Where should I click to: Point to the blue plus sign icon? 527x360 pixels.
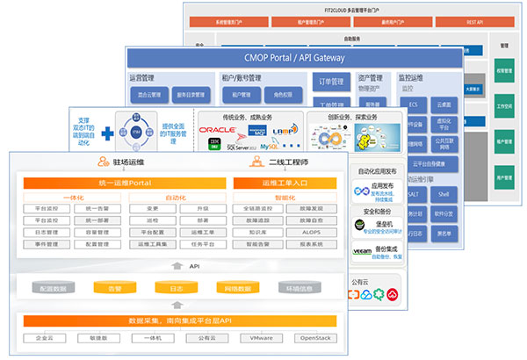point(107,133)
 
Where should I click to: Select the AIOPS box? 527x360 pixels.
point(312,233)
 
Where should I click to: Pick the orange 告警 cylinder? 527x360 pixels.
point(114,287)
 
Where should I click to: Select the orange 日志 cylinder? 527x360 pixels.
point(173,287)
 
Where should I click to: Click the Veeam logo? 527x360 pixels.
point(361,250)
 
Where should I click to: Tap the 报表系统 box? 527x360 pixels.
point(312,244)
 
